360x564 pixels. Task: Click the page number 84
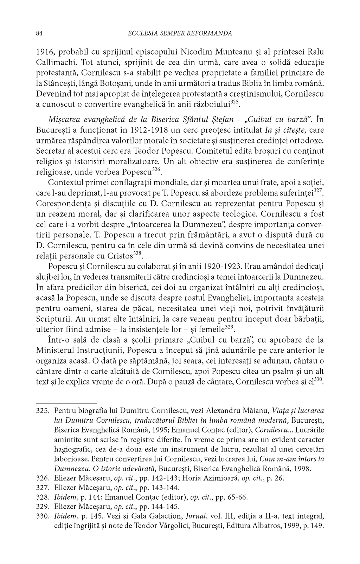tap(39, 34)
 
